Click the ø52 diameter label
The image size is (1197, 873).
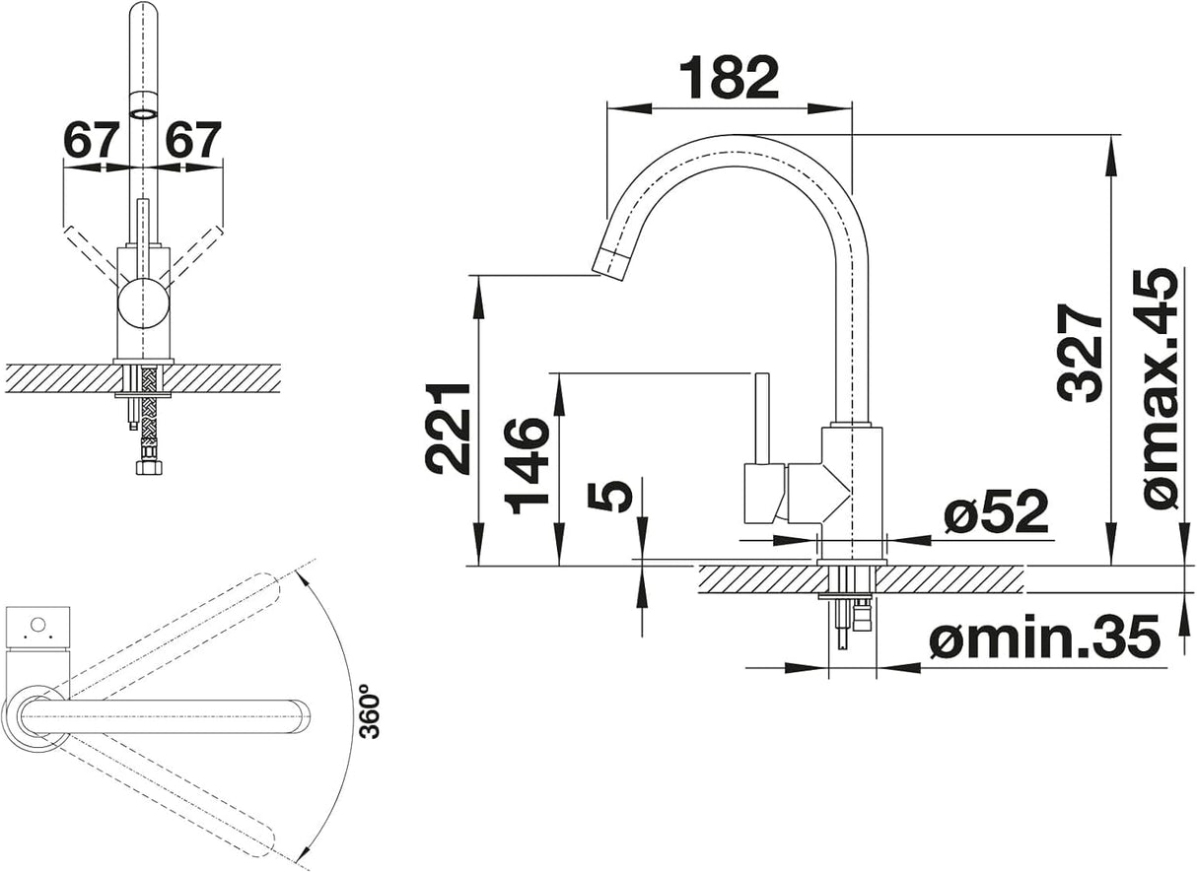(995, 513)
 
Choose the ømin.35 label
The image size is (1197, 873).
(1043, 639)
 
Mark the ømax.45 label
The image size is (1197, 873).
(1161, 388)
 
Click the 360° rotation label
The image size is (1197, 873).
(368, 710)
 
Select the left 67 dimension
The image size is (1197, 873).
(91, 141)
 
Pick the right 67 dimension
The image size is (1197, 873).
(193, 141)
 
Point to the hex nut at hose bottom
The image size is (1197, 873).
(148, 466)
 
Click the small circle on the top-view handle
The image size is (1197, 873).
(37, 624)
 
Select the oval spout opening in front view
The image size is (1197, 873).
(143, 113)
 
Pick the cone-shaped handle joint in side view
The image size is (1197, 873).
(817, 493)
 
